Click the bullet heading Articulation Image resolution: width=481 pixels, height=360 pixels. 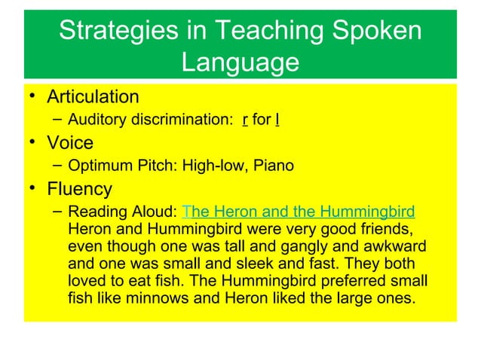coord(93,97)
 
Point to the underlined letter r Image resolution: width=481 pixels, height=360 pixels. coord(246,121)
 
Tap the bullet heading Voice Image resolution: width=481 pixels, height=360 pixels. coord(70,143)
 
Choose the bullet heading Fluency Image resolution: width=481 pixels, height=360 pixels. coord(79,188)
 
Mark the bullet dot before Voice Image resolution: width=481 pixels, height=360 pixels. coord(35,143)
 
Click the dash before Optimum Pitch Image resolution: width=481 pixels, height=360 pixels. coord(58,165)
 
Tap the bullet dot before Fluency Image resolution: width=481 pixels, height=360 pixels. coord(35,188)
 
